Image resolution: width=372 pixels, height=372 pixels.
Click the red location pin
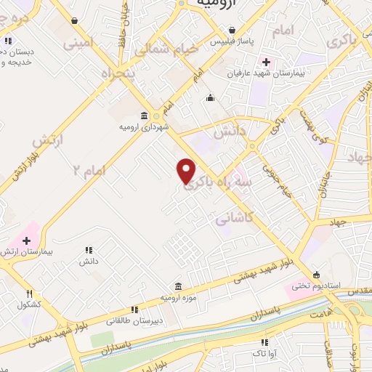coord(187,171)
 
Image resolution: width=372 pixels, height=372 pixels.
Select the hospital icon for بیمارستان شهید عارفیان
coord(266,63)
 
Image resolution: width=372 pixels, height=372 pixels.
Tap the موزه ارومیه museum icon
coord(178,287)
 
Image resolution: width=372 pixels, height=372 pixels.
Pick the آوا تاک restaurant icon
coord(264,341)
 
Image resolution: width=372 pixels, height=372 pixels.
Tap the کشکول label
coord(30,303)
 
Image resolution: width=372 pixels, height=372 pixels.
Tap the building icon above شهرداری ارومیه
coord(143,116)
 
